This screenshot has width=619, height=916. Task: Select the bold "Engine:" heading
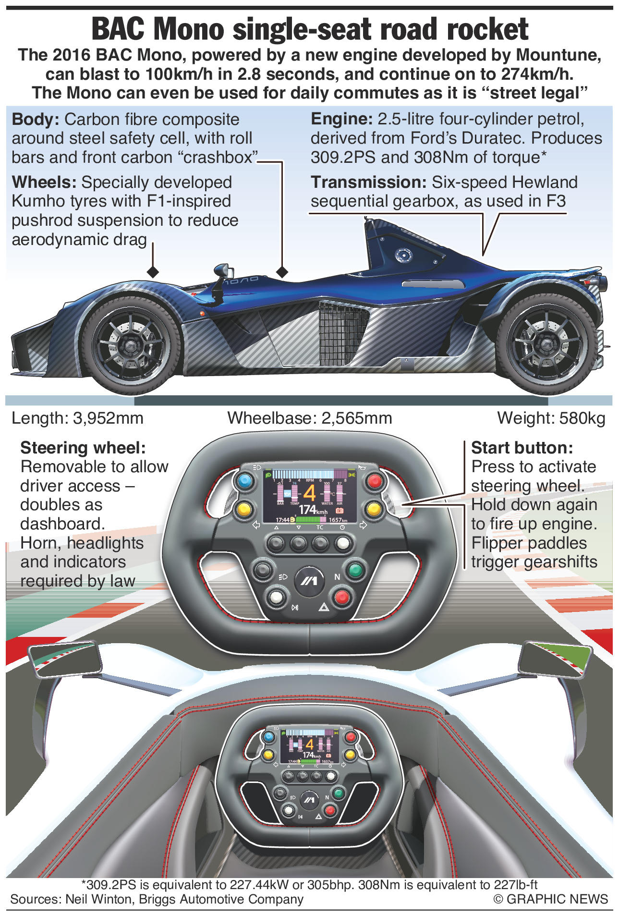point(341,119)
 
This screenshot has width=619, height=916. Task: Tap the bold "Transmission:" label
point(368,183)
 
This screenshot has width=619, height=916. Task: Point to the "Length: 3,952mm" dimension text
point(77,418)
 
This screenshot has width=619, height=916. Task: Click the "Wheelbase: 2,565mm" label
point(310,418)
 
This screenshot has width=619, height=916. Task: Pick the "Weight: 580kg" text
point(551,418)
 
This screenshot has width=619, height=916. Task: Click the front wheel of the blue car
point(131,344)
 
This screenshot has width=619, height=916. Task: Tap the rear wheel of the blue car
point(546,343)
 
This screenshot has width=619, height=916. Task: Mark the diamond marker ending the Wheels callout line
point(153,272)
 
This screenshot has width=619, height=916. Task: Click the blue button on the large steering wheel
point(244,480)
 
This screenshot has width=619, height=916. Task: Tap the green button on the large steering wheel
point(355,570)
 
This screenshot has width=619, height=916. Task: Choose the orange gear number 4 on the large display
point(309,493)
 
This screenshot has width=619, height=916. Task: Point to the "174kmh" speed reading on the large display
point(313,510)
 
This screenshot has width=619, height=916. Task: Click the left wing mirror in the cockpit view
point(65,659)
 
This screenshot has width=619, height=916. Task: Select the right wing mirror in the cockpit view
point(556,658)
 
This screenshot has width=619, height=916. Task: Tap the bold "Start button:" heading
point(522,448)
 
